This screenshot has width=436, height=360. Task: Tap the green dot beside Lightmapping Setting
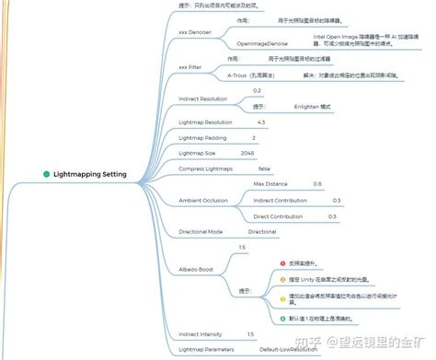coord(46,174)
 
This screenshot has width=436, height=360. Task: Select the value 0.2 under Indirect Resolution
coord(257,90)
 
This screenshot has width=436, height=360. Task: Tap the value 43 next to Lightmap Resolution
coord(261,122)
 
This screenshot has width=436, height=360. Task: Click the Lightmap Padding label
coord(201,137)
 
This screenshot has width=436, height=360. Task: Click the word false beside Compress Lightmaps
coord(265,168)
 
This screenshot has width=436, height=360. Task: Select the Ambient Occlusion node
coord(203,200)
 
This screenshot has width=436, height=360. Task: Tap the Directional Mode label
coord(200,231)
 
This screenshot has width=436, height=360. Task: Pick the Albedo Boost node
coord(195,269)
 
